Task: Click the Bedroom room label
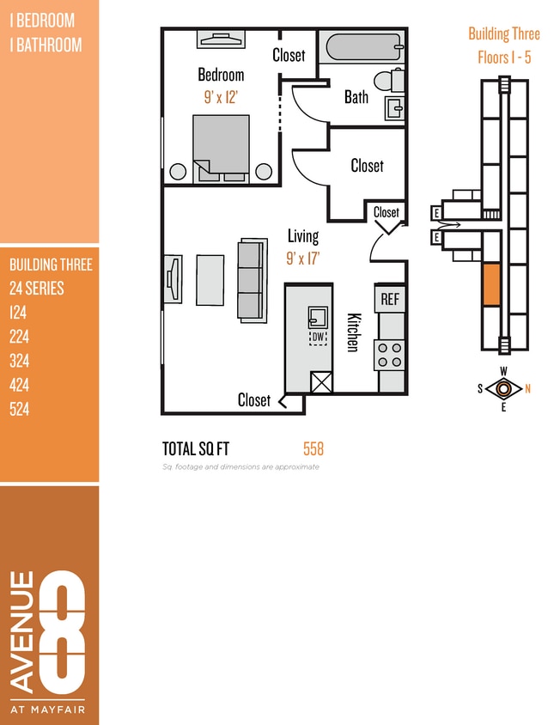coord(221,75)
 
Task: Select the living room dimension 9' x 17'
coord(302,257)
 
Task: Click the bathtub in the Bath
coord(362,46)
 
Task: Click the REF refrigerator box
coord(390,299)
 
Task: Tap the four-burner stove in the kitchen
coord(390,354)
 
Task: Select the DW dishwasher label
coord(318,337)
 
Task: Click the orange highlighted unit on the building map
coord(490,284)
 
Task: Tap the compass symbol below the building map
coord(503,388)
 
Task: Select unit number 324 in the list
coord(20,361)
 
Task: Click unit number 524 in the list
coord(20,409)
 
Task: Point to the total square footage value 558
coord(313,448)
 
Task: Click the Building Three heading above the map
coord(503,34)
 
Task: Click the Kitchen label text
coord(352,332)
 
